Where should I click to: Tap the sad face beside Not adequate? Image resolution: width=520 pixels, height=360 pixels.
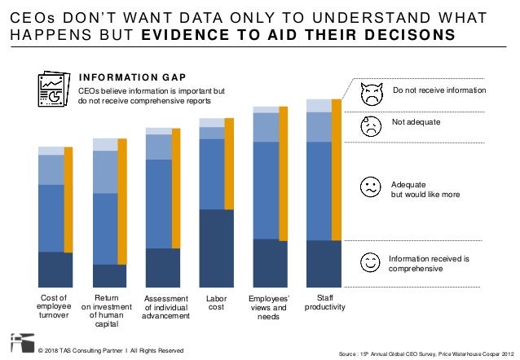click(371, 126)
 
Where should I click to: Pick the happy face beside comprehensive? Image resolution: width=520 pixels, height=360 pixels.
click(371, 261)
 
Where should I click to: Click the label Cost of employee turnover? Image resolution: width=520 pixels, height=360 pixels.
click(55, 308)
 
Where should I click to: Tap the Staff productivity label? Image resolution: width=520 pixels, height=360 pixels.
click(324, 302)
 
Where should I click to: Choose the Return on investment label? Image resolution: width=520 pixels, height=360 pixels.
click(108, 312)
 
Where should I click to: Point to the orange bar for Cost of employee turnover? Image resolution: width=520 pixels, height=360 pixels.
click(68, 216)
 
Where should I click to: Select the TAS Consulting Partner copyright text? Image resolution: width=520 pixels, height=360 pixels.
click(111, 350)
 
